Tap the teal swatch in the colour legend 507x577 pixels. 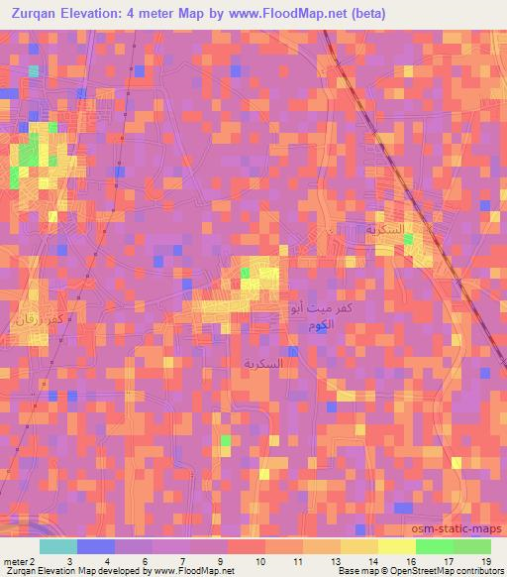tap(58, 546)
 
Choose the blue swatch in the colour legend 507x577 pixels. tap(96, 546)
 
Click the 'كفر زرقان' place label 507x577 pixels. tap(42, 320)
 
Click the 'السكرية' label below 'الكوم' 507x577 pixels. tap(262, 364)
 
